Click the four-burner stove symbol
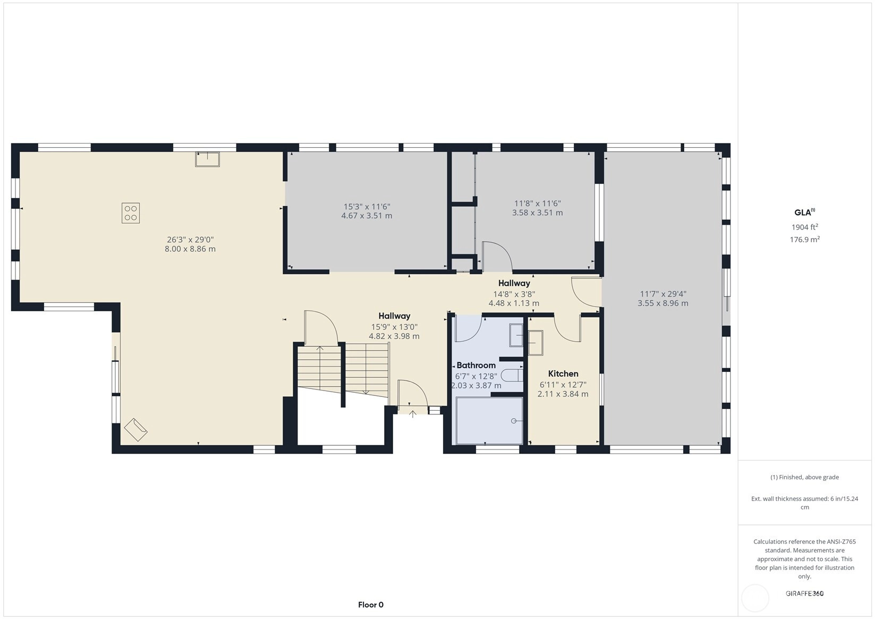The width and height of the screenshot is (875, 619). click(x=131, y=213)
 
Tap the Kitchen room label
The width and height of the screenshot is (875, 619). click(x=563, y=374)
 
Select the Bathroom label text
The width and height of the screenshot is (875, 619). click(x=476, y=366)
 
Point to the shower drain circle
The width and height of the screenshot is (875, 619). click(x=514, y=421)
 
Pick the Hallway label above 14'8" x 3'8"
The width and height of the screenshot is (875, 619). click(x=514, y=283)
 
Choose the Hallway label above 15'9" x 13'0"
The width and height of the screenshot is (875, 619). click(x=394, y=316)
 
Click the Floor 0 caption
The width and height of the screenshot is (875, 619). click(x=371, y=605)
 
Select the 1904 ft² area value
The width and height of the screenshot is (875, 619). click(x=805, y=227)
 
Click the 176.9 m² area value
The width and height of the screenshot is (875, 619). click(x=805, y=239)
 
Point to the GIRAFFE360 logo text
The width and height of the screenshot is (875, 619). click(x=805, y=593)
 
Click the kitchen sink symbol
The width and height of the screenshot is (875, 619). click(x=536, y=343)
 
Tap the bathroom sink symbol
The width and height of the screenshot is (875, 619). click(x=516, y=335)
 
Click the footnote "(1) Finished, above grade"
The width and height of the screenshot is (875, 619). click(x=805, y=477)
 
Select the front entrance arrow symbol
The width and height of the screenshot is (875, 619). click(x=412, y=414)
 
